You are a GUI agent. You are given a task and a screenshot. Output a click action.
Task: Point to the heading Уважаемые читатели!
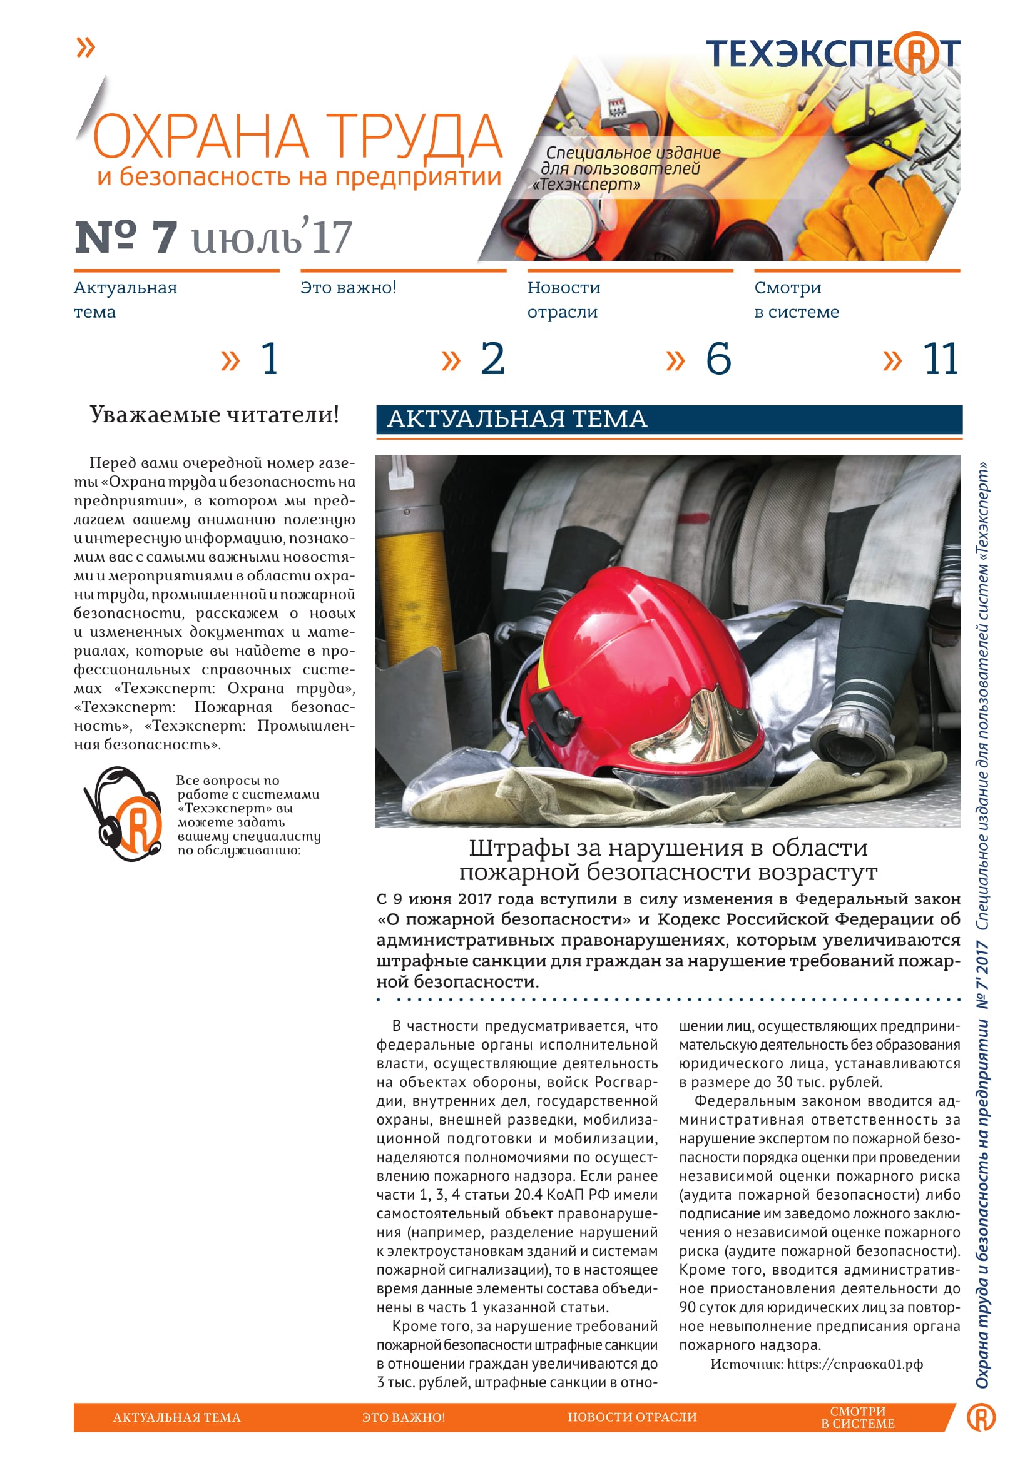214,415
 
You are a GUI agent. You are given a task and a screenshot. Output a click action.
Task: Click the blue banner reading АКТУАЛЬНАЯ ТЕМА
668,419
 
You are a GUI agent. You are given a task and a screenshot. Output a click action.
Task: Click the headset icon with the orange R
123,814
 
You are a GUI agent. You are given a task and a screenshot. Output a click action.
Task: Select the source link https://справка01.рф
854,1364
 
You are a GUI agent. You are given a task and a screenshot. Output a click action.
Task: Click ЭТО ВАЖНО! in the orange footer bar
404,1418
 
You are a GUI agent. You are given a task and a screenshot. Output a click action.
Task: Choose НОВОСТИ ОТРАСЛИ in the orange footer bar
632,1417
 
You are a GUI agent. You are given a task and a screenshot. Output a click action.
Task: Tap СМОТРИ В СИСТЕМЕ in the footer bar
857,1417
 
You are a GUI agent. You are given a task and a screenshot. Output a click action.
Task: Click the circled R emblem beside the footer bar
981,1417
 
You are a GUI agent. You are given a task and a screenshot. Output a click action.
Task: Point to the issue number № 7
126,237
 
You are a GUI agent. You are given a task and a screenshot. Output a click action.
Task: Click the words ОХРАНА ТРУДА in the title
298,136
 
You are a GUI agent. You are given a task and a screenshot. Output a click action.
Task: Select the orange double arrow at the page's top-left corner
85,47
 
